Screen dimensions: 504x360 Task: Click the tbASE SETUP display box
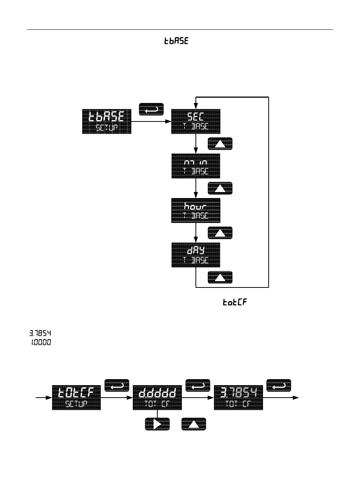tap(107, 121)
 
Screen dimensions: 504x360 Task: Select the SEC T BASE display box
tap(195, 121)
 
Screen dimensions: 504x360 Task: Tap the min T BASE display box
tap(195, 166)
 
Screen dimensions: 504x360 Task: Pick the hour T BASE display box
tap(195, 211)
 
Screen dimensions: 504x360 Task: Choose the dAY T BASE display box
tap(195, 255)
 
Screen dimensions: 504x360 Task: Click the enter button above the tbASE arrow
tap(151, 109)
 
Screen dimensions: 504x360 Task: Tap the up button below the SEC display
tap(220, 144)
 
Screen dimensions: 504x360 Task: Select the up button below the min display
tap(220, 188)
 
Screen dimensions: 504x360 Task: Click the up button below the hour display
tap(220, 233)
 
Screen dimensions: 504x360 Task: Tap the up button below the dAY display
tap(220, 277)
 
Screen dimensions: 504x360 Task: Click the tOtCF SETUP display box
tap(76, 398)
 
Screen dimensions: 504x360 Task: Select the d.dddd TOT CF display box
tap(157, 398)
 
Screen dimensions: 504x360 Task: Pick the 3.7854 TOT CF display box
tap(238, 398)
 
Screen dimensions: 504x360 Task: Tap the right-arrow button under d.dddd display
tap(157, 424)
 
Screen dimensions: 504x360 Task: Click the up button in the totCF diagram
tap(194, 424)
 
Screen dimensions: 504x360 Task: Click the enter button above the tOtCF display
tap(117, 386)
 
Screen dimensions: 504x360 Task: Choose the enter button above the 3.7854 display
tap(279, 386)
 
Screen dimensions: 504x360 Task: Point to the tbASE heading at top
tap(176, 41)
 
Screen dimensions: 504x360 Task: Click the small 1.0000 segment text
tap(41, 343)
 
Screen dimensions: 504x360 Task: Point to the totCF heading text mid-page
tap(234, 303)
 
